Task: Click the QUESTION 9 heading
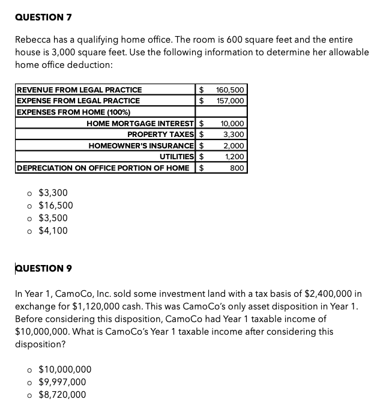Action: point(44,268)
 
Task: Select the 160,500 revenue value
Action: point(229,90)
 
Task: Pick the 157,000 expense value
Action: point(230,100)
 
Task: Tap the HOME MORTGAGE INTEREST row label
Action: point(140,123)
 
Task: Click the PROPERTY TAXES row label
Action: point(160,134)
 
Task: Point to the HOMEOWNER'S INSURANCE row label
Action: point(141,145)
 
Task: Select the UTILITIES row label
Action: point(176,156)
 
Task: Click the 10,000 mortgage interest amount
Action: point(232,123)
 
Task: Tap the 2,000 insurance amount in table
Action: point(234,145)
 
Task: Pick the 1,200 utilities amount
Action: point(234,156)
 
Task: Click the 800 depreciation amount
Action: point(237,168)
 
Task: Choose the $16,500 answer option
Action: point(55,205)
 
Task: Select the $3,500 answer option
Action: point(53,218)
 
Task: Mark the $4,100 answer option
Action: point(53,231)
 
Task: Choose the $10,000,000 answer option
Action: point(65,370)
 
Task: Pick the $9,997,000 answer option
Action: point(62,382)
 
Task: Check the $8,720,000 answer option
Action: point(62,395)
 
